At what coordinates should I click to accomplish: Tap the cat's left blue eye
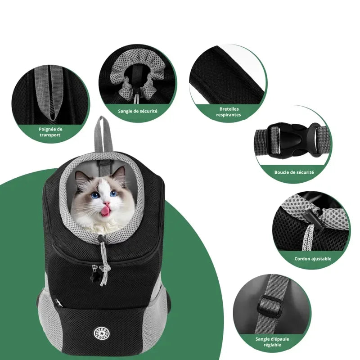(95, 195)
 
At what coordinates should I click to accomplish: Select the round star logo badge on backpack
(99, 333)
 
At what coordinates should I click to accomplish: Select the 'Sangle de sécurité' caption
(138, 111)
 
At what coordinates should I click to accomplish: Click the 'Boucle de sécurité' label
(294, 172)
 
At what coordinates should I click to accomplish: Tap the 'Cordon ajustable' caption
(313, 259)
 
